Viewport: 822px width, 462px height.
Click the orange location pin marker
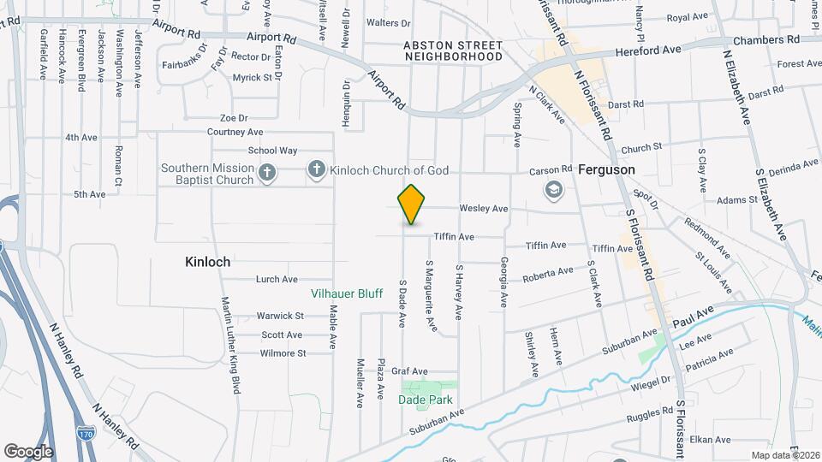[x=412, y=204]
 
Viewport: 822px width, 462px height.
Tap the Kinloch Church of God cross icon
[x=317, y=171]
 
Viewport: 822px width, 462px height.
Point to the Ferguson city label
[x=606, y=169]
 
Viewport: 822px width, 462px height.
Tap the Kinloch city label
[x=207, y=262]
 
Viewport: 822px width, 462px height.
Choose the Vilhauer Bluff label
[x=346, y=293]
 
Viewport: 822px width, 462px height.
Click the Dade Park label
[x=425, y=400]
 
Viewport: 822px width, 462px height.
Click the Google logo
[x=28, y=451]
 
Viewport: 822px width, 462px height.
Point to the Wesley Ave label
[x=483, y=209]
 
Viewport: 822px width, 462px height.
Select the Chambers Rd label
[x=771, y=39]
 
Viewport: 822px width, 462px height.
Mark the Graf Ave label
[x=408, y=371]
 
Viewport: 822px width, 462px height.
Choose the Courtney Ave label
[x=235, y=133]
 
